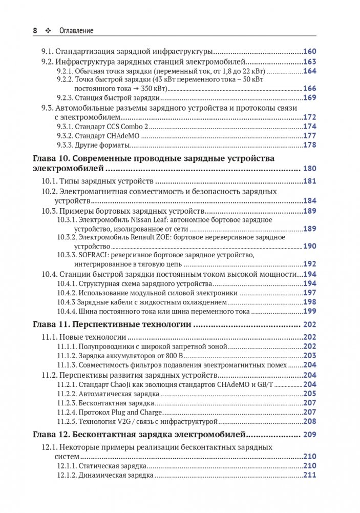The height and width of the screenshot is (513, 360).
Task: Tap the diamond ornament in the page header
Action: point(49,31)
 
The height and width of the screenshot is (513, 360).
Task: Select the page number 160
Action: point(310,52)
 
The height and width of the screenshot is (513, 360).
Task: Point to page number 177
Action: point(310,136)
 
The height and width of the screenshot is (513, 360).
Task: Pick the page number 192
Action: point(310,264)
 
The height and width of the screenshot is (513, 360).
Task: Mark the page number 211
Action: point(310,475)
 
